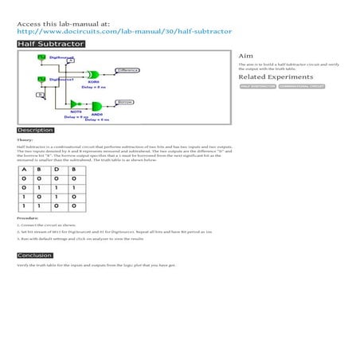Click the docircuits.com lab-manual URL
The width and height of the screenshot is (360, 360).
[x=123, y=31]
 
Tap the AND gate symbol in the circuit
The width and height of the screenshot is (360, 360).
[x=97, y=108]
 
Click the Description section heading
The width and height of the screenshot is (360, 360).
[x=35, y=130]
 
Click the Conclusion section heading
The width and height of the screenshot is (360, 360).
[x=35, y=256]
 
